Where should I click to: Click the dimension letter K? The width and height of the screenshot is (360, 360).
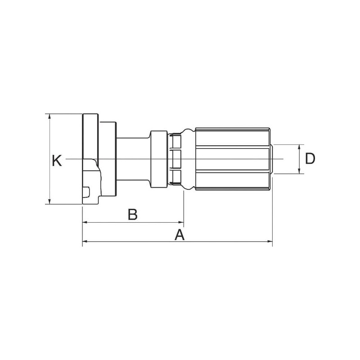point(57,161)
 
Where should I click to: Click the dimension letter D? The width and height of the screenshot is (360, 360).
point(310,158)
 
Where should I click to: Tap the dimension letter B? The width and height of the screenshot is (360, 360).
point(133,214)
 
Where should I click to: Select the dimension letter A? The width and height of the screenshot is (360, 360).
point(180,234)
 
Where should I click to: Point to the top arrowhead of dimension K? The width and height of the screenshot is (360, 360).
point(49,116)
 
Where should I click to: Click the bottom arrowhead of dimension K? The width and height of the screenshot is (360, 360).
point(49,201)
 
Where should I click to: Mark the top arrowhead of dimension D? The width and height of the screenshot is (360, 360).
point(299,147)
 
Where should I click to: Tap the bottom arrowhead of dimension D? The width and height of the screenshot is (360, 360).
point(299,171)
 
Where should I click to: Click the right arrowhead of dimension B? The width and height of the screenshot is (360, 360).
point(181,222)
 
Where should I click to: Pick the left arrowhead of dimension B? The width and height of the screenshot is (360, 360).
point(85,222)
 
